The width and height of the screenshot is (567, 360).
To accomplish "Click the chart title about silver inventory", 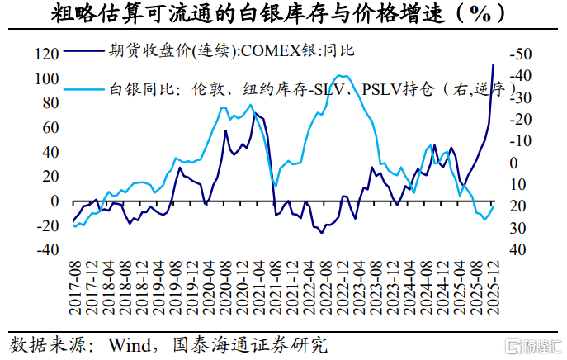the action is click(x=277, y=14).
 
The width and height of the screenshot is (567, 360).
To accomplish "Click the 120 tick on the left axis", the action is click(x=47, y=54).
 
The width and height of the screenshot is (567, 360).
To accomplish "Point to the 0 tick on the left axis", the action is click(x=54, y=201).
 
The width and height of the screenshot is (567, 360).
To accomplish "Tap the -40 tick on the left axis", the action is click(x=47, y=250).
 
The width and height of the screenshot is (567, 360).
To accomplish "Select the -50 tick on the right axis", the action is click(x=521, y=54).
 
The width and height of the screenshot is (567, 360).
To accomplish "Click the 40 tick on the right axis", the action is click(x=517, y=250).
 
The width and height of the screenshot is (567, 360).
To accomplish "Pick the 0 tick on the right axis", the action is click(x=514, y=163).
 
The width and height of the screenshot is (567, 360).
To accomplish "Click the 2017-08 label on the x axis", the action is click(x=76, y=287).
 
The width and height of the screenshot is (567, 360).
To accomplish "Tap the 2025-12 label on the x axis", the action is click(x=494, y=287).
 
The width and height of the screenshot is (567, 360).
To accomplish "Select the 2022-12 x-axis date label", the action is click(x=343, y=287).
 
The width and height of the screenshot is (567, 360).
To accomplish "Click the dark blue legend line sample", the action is click(x=84, y=51).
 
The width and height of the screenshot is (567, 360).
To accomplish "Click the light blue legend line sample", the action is click(x=84, y=88).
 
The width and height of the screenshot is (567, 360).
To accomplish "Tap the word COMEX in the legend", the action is click(x=272, y=51).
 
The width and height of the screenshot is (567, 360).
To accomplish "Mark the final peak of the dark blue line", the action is click(x=494, y=64).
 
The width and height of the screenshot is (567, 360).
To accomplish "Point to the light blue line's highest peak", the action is click(x=340, y=75).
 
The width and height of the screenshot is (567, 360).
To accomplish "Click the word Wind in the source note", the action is click(x=130, y=345).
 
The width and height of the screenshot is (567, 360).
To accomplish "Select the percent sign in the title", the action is click(x=480, y=14).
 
